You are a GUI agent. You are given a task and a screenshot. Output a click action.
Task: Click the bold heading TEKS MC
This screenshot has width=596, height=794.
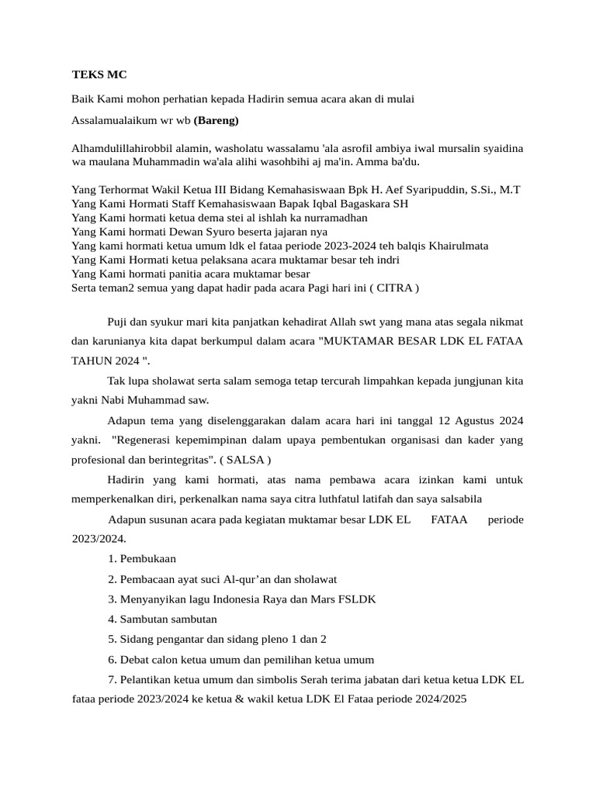[99, 75]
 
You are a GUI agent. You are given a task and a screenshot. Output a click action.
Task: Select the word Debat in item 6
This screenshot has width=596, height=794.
[134, 660]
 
